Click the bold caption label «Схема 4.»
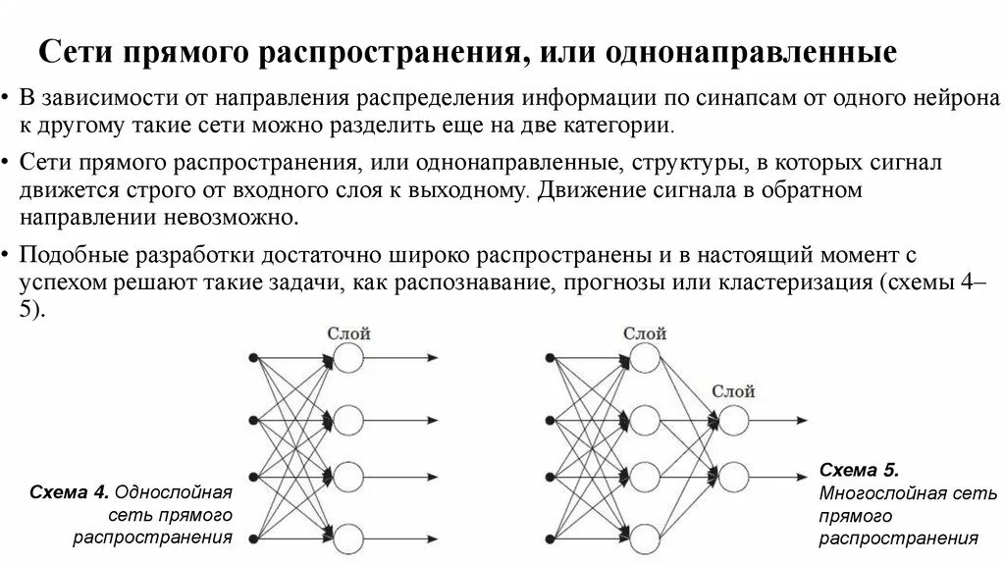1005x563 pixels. tap(69, 490)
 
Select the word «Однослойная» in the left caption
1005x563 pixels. tap(173, 490)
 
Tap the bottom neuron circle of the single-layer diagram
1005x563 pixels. tap(349, 537)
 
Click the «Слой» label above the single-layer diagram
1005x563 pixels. tap(349, 334)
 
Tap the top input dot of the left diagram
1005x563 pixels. tap(254, 358)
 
